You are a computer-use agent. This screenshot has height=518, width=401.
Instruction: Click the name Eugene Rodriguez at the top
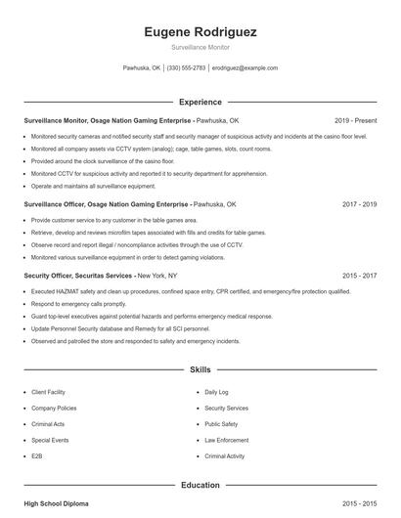(200, 32)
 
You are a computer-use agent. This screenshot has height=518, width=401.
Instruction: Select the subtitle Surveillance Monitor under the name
(200, 48)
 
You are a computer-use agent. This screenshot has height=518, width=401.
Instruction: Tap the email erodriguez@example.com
(245, 68)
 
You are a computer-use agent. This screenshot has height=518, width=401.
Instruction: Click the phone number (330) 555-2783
(186, 68)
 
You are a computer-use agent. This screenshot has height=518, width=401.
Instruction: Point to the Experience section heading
(200, 102)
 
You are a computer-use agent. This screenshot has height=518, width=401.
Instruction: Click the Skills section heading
(200, 370)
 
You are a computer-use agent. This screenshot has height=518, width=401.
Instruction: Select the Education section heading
(200, 485)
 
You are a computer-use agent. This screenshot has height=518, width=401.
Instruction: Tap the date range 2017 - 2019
(359, 205)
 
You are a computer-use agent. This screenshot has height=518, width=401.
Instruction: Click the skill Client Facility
(49, 392)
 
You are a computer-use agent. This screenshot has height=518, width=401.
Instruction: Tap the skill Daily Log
(216, 392)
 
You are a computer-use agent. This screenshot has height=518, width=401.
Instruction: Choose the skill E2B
(37, 456)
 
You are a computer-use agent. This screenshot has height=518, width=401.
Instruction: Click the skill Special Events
(49, 440)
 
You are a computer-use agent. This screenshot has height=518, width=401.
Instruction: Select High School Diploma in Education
(56, 503)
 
